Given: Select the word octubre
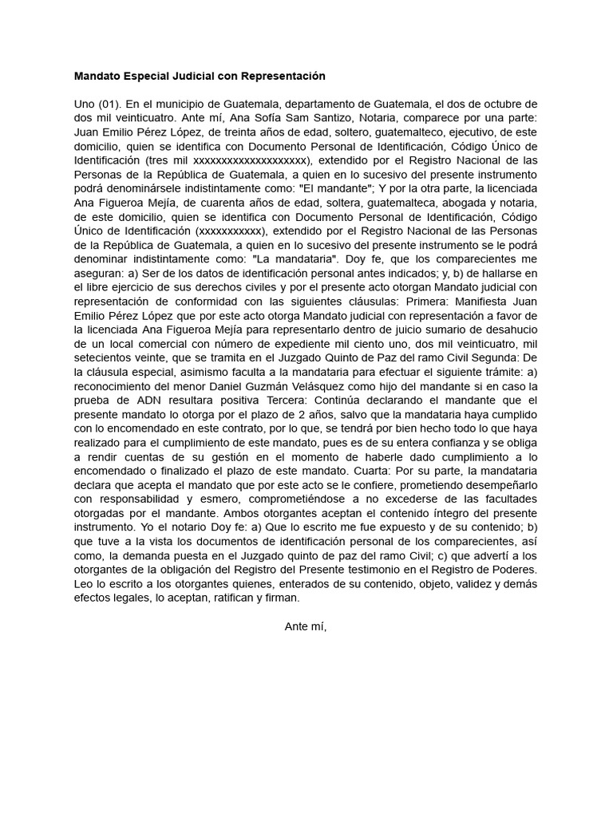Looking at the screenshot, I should tap(505, 105).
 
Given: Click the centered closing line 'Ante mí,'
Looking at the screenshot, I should tap(306, 626).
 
